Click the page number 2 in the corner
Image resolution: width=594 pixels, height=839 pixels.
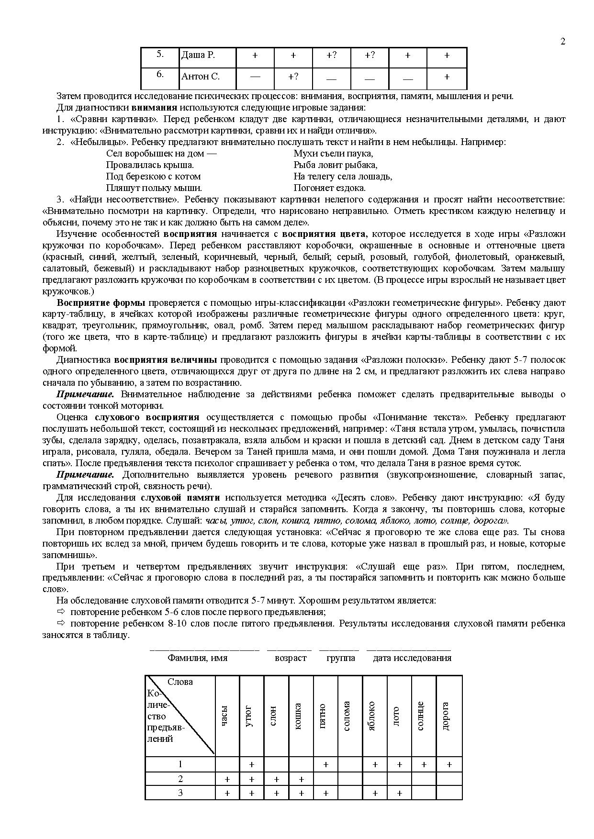coord(563,41)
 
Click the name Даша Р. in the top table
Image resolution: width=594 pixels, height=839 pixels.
coord(198,55)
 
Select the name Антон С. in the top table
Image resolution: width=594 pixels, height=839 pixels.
coord(201,76)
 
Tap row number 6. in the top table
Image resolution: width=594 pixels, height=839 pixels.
coord(160,74)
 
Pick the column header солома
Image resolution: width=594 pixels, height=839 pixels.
coord(347,716)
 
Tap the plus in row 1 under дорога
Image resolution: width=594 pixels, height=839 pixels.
coord(449,765)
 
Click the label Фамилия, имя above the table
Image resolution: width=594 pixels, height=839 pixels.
coord(197,658)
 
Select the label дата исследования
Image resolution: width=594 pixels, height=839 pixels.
coord(412,658)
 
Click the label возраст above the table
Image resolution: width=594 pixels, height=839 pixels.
coord(291,658)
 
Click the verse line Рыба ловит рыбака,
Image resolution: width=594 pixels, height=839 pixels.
coord(336,165)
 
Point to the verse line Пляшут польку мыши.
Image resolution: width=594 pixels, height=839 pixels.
coord(154,188)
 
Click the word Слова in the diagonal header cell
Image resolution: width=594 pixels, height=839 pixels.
coord(180,682)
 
